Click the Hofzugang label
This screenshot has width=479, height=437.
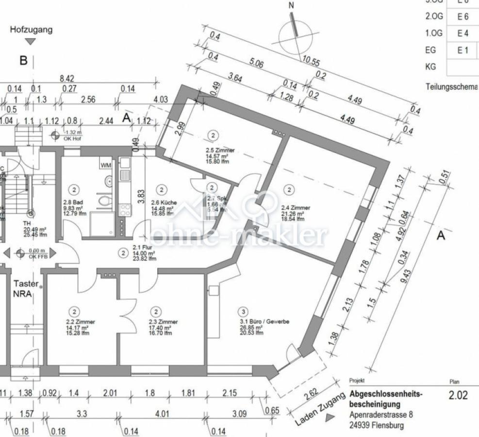[x=32, y=30]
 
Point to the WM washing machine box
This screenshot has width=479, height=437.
[x=106, y=165]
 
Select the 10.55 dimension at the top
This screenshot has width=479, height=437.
[x=311, y=61]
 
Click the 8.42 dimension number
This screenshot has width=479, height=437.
[x=66, y=78]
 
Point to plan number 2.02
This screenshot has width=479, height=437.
[x=458, y=395]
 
